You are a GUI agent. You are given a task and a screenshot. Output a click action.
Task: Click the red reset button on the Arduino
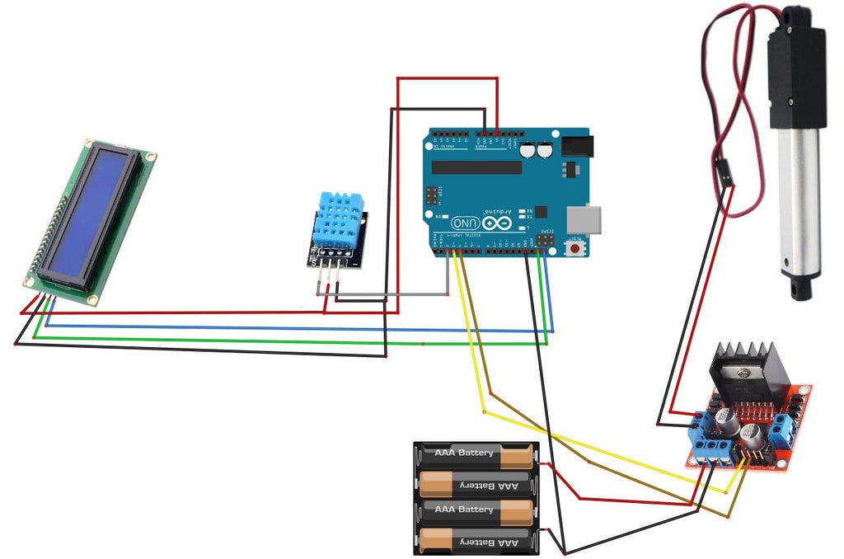[x=574, y=247]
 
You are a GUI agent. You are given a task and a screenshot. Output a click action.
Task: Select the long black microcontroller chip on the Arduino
[x=476, y=167]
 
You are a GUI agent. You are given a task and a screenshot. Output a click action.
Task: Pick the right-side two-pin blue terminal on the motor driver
[x=785, y=428]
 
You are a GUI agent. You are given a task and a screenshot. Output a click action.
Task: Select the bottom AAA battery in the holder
[x=475, y=541]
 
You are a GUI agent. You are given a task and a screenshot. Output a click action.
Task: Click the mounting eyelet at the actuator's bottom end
[x=800, y=288]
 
